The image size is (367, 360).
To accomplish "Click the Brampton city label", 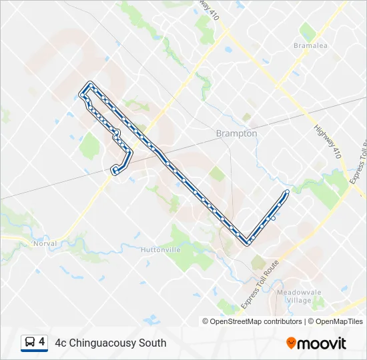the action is click(x=236, y=133).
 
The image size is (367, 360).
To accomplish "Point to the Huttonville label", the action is click(x=160, y=249).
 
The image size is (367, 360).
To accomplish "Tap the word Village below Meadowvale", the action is click(x=300, y=300).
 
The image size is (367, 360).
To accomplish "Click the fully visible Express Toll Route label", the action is click(x=260, y=285).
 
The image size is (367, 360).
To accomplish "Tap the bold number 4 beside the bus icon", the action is click(x=42, y=342).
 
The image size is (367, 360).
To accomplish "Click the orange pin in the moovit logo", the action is click(x=291, y=343).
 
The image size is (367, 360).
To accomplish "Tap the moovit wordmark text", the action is click(x=322, y=343).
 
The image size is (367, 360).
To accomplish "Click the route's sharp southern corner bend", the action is click(x=248, y=242).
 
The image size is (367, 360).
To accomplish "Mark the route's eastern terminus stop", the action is click(x=287, y=193).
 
